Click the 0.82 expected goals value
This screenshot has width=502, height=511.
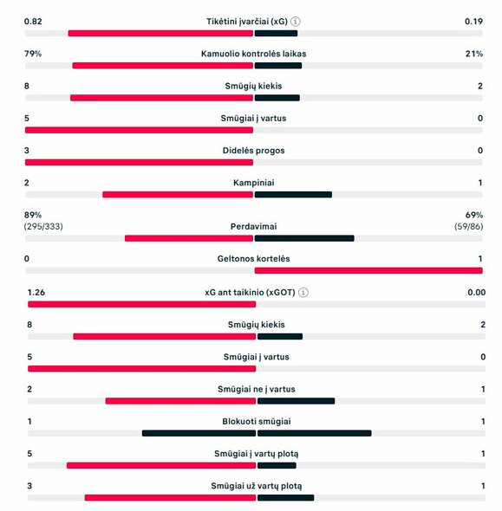(x=33, y=21)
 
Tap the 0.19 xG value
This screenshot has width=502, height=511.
(x=473, y=21)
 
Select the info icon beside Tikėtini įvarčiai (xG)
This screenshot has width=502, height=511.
(x=297, y=21)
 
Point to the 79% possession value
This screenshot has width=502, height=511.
(x=33, y=54)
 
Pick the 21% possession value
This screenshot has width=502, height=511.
(x=473, y=54)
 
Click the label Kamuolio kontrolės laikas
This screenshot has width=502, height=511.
(x=252, y=54)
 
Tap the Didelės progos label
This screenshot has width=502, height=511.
(x=252, y=151)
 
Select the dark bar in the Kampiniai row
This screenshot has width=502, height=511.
(x=293, y=194)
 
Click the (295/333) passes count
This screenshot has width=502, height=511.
(x=43, y=226)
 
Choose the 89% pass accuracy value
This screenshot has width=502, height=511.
(x=33, y=214)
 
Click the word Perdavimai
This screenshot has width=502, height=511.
(x=253, y=226)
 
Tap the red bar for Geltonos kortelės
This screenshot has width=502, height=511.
(x=368, y=270)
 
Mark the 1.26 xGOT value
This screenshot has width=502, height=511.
(x=36, y=293)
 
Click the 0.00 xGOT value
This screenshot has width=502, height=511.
(x=475, y=293)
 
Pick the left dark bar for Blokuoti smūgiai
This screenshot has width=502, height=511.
(x=199, y=433)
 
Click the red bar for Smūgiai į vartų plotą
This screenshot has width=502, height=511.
(x=161, y=465)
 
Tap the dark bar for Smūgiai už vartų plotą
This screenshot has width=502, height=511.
(x=285, y=497)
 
